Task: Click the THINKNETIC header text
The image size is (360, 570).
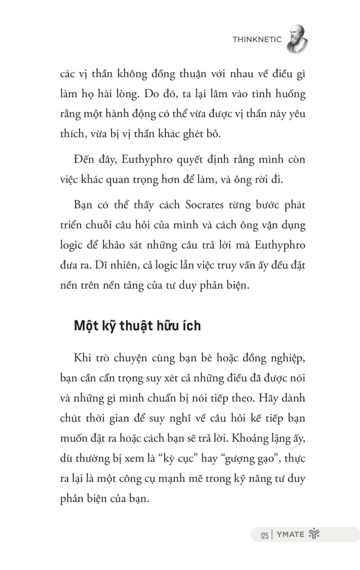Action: pos(257,40)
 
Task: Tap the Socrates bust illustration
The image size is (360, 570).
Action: pos(297,39)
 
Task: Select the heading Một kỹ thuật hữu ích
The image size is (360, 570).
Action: pos(137,326)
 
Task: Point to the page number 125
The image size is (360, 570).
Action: pos(264,535)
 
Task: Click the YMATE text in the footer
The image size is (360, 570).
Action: pos(290,535)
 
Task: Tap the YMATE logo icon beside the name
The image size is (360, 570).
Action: pos(314,534)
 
